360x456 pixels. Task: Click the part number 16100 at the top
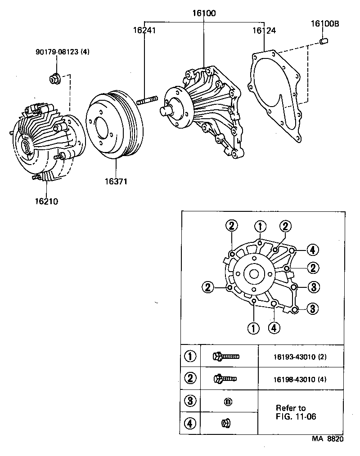(x=204, y=13)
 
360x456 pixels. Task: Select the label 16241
(x=144, y=30)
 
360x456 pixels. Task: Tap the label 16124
(x=264, y=30)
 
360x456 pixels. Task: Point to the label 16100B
(x=324, y=23)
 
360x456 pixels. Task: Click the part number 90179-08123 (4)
(x=63, y=52)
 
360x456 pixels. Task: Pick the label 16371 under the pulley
(x=117, y=182)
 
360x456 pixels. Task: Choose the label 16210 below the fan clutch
(x=46, y=201)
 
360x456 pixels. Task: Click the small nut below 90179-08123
(x=54, y=79)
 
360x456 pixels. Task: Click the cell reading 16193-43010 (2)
(x=300, y=358)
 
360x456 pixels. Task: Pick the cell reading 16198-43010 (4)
(x=300, y=379)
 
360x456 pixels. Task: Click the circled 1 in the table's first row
(x=191, y=357)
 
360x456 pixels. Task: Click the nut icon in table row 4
(x=226, y=423)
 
